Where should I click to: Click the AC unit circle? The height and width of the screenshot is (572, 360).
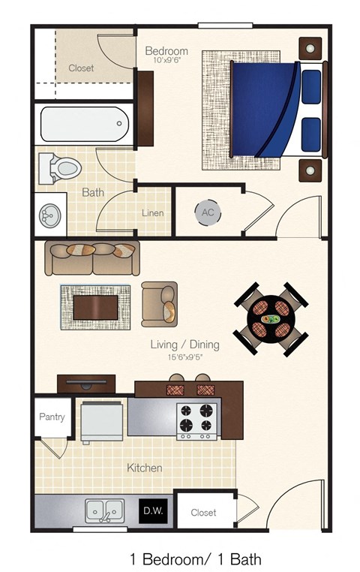pos(208,212)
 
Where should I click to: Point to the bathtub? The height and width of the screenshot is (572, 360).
pos(83,124)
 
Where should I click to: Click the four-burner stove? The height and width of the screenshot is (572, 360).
pos(197,421)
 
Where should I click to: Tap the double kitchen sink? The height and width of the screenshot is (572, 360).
pos(105,510)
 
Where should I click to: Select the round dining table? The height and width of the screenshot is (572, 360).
pos(271,319)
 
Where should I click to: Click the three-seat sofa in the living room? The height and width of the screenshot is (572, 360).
pos(91,257)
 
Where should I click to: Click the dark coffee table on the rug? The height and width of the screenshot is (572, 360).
pos(95,306)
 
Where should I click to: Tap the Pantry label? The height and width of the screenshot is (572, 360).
pos(52,417)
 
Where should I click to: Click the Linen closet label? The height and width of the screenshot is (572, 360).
pos(152,213)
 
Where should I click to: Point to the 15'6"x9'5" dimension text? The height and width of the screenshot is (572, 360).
pos(184,357)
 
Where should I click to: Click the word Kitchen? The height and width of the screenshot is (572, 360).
pos(144,468)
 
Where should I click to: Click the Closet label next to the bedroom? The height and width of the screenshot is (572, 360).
pos(81,68)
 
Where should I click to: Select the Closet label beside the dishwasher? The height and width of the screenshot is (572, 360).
pos(203,513)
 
